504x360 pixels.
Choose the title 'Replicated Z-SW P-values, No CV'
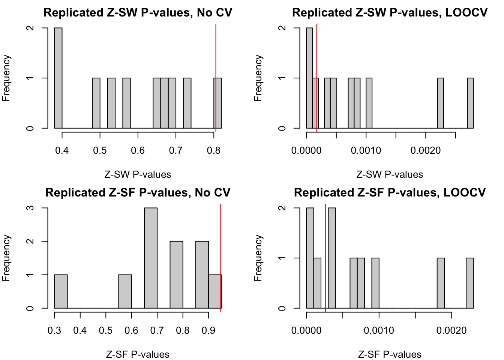click(138, 13)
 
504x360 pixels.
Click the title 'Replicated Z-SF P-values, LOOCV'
click(390, 193)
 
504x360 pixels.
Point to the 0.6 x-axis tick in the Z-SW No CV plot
click(138, 150)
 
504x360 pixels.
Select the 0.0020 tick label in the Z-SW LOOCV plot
click(425, 150)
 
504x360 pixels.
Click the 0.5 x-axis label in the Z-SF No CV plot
click(106, 330)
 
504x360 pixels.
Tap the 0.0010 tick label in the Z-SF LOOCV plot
click(379, 330)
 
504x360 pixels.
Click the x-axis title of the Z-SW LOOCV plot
click(390, 174)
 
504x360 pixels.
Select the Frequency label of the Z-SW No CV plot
click(6, 78)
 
